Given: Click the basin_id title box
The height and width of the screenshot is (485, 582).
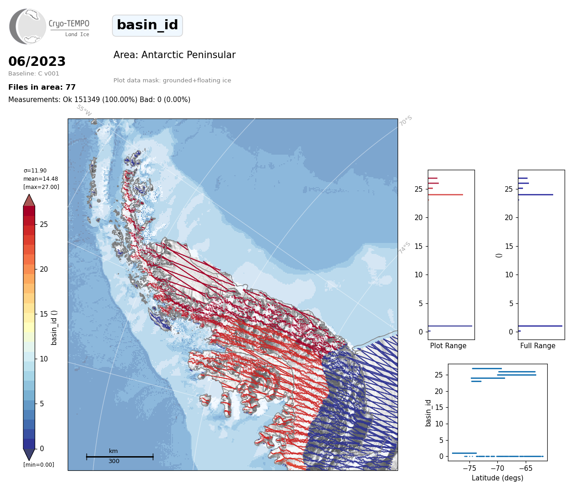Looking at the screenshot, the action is click(x=147, y=25).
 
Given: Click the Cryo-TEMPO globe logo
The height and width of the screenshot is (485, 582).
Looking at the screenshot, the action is click(x=27, y=26).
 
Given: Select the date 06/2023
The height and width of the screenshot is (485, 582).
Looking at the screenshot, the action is click(x=37, y=61).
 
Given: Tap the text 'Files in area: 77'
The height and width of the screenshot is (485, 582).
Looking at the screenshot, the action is click(x=42, y=87).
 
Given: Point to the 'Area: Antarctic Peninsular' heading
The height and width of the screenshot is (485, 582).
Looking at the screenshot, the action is click(x=174, y=55).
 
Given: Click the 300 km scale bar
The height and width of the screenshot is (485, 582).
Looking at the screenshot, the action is click(x=120, y=457).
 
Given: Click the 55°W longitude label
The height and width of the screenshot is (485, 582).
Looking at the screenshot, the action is click(x=84, y=110).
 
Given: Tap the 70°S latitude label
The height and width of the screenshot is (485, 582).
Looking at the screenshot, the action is click(x=405, y=121).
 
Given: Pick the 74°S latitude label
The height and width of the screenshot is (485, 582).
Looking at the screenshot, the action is click(x=404, y=248).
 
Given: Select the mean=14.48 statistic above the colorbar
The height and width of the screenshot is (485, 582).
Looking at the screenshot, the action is click(x=41, y=178).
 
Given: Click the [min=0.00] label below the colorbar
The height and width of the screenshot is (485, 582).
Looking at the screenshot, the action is click(x=39, y=465).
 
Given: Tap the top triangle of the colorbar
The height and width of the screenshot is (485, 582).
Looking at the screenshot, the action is click(x=29, y=200).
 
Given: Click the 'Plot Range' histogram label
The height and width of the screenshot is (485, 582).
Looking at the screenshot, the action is click(x=448, y=345).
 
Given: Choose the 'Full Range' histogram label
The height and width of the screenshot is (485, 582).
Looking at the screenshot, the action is click(x=538, y=345).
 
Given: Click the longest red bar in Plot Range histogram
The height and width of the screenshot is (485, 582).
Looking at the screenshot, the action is click(x=445, y=194).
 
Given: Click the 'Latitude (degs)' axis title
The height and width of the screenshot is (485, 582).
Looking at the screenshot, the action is click(x=497, y=478).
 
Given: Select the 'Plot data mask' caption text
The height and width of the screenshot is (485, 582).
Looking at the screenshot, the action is click(x=172, y=80).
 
